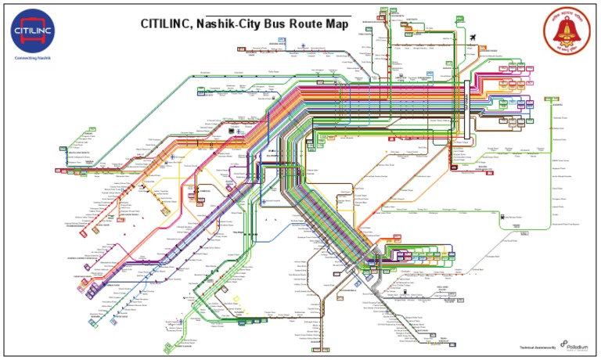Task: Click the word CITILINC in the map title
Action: pos(167,24)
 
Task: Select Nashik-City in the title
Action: pos(236,24)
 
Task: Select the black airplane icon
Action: pos(474,38)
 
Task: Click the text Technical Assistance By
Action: pos(538,347)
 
